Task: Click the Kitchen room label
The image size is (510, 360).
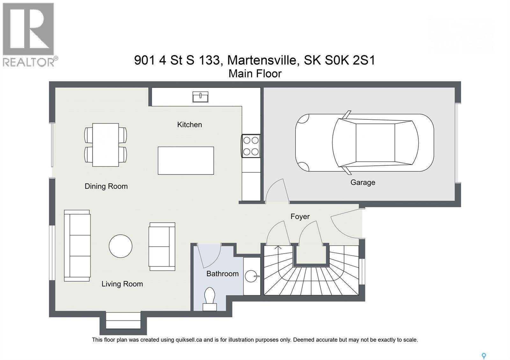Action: (189, 125)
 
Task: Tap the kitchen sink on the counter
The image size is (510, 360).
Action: (200, 97)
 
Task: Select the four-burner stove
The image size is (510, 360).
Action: (251, 146)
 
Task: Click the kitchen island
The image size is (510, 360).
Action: (186, 161)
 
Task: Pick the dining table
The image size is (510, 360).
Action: (106, 145)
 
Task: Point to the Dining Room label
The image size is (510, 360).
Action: (106, 186)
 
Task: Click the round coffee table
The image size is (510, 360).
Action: (120, 246)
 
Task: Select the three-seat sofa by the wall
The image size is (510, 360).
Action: (77, 246)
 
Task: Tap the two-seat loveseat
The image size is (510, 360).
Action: (162, 247)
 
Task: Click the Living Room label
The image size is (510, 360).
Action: (122, 284)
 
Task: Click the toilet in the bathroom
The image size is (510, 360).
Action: (210, 299)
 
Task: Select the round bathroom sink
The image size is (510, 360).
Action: (252, 276)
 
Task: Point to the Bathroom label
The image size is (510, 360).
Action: (222, 274)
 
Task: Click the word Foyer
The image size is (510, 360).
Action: (300, 217)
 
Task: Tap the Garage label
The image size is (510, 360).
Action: (363, 183)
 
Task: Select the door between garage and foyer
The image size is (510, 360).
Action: (277, 191)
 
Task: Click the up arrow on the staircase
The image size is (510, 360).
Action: (278, 248)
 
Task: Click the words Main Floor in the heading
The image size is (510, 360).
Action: (255, 74)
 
